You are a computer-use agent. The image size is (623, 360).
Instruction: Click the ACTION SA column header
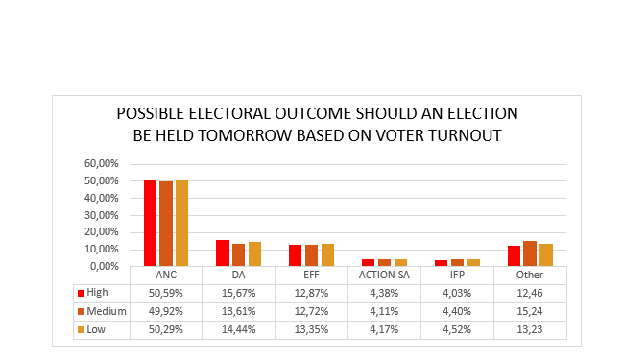(384, 275)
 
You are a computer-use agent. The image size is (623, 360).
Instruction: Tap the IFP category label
(457, 275)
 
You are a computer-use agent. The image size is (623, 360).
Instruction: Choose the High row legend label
(98, 293)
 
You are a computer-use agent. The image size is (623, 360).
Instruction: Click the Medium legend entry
(104, 312)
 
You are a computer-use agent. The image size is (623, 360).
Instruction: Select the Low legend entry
(96, 330)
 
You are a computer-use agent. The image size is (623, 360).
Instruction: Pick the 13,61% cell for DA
(238, 312)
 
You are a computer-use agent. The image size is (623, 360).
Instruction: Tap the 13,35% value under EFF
(311, 330)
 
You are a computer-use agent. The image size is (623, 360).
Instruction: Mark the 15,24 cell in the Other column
(530, 312)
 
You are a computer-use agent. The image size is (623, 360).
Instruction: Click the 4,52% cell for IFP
(457, 330)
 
